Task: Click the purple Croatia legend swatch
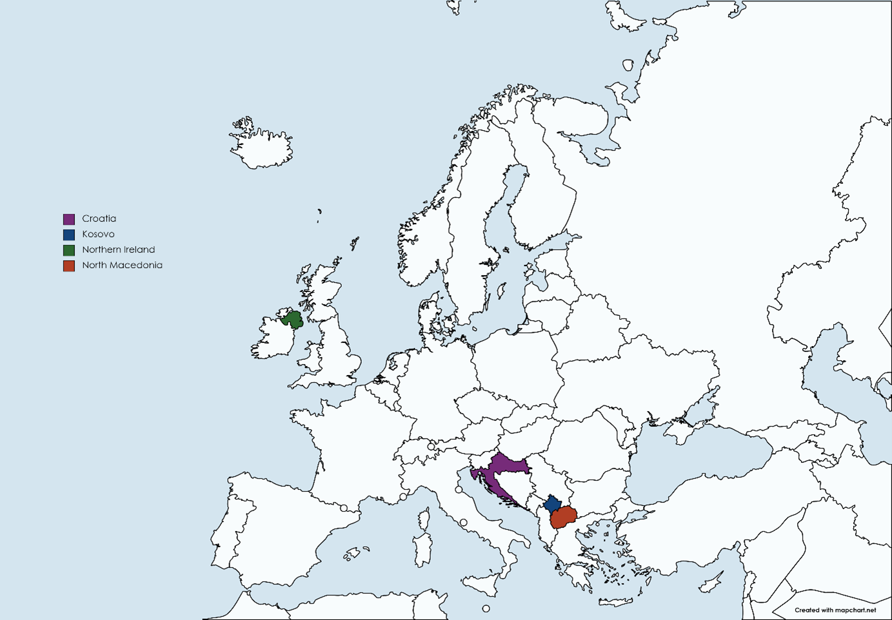point(69,219)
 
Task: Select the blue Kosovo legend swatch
point(69,235)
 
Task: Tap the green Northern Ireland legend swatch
point(69,250)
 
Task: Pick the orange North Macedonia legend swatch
point(69,266)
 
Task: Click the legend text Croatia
point(99,218)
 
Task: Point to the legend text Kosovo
point(98,234)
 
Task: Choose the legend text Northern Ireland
point(118,249)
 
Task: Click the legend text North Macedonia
point(122,265)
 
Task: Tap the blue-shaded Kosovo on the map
point(553,503)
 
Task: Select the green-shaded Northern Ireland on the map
point(292,319)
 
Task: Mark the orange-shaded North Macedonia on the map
point(564,517)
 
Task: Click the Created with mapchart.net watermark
point(835,610)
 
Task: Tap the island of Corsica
point(424,519)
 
